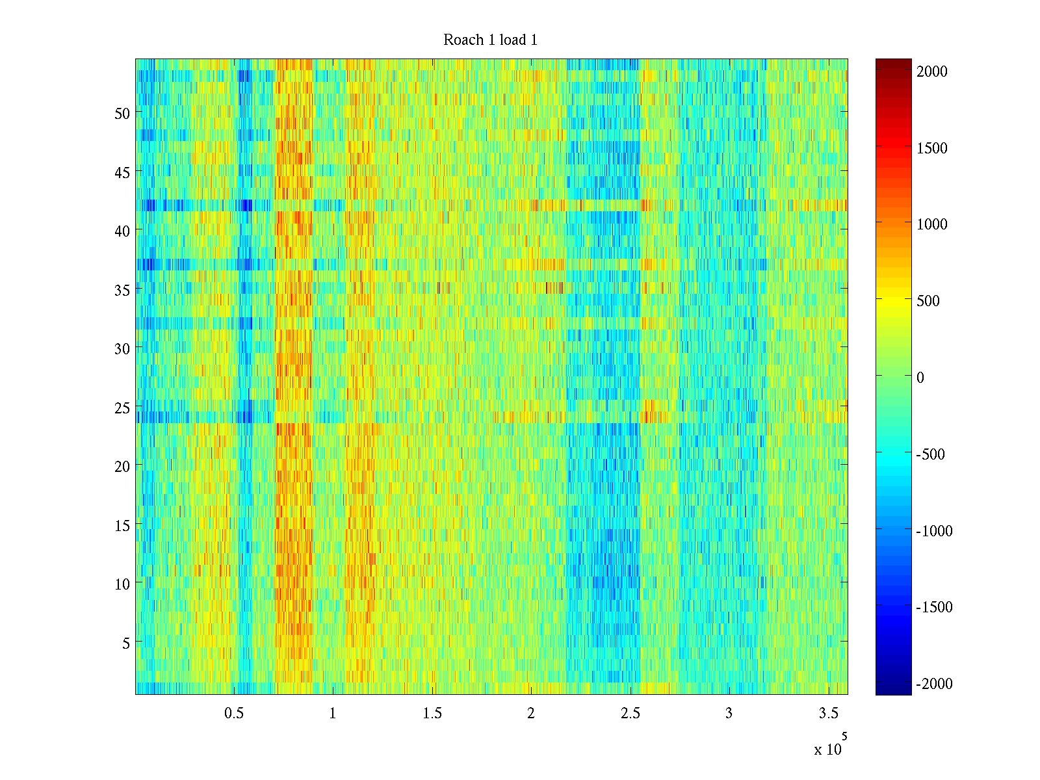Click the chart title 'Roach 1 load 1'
[x=490, y=40]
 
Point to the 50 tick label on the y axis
[x=122, y=113]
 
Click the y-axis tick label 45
[x=122, y=172]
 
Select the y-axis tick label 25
[x=122, y=408]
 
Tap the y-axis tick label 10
[x=122, y=584]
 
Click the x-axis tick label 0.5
[x=234, y=713]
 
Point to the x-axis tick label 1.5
[x=432, y=713]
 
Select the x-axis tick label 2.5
[x=630, y=713]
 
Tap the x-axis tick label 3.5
[x=829, y=713]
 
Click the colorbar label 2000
[x=932, y=71]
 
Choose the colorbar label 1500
[x=932, y=148]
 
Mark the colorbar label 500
[x=928, y=301]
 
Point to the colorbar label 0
[x=920, y=378]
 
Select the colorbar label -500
[x=931, y=454]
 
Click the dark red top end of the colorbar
[x=893, y=63]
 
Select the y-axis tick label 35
[x=122, y=290]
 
